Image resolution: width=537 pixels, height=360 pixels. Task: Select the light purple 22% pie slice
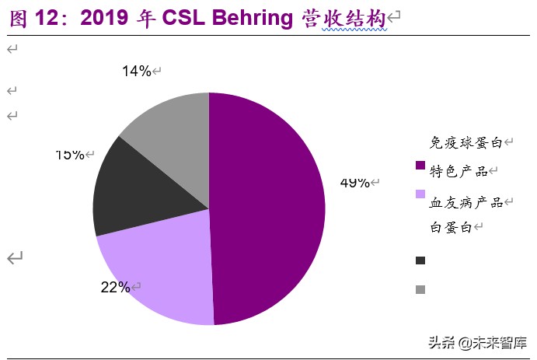coord(155,264)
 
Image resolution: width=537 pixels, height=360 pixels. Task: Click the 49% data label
coord(354,183)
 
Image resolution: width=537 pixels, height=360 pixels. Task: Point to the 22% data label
coord(115,287)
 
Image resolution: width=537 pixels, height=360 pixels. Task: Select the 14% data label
coord(136,72)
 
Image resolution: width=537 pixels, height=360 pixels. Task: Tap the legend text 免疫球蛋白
coord(466,142)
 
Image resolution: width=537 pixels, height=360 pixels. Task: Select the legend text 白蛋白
coord(451,227)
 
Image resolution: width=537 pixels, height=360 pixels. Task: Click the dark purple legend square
coord(420,165)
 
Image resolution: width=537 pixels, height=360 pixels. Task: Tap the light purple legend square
coord(420,194)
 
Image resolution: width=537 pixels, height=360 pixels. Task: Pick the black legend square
coord(420,260)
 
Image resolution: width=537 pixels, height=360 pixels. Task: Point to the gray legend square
coord(420,289)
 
